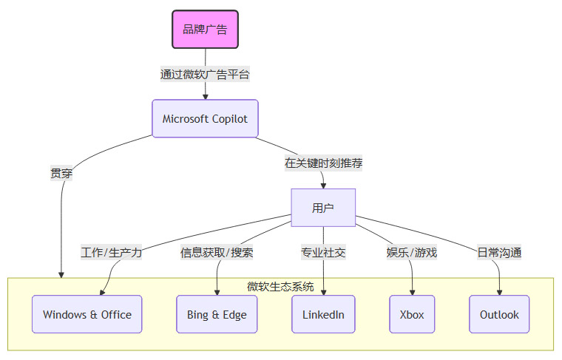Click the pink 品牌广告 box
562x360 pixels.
tap(205, 30)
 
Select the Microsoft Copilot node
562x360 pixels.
tap(205, 118)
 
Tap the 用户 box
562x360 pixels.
tap(323, 208)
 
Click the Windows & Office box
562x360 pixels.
tap(87, 314)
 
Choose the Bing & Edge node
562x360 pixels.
tap(217, 314)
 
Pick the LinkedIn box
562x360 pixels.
tap(323, 314)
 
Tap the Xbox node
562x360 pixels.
tap(412, 314)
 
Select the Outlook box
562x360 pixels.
tap(499, 314)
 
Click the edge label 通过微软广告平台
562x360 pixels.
tap(205, 74)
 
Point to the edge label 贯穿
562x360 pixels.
tap(61, 173)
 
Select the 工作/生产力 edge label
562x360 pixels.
tap(111, 252)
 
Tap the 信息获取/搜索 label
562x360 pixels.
tap(217, 252)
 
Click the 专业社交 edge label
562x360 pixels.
tap(323, 252)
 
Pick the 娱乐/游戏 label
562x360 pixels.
tap(412, 252)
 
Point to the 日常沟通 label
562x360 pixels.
tap(499, 252)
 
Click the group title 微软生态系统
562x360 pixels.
tap(280, 286)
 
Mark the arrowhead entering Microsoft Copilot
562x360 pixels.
tap(205, 95)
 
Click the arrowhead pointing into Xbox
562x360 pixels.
tap(412, 291)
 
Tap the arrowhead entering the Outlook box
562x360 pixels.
tap(499, 291)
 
